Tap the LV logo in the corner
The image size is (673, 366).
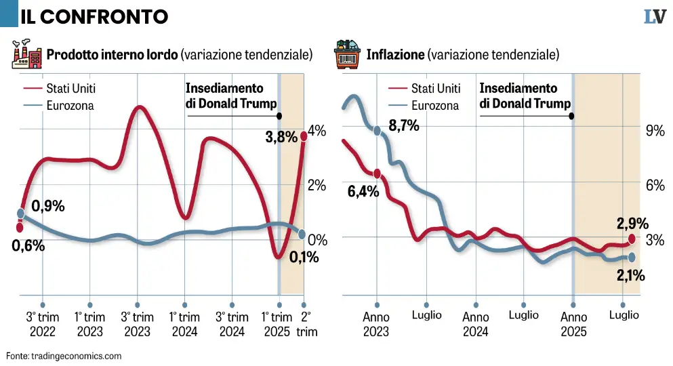click(x=654, y=17)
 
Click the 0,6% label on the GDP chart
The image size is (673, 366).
click(x=28, y=246)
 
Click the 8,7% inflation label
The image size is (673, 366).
click(x=403, y=126)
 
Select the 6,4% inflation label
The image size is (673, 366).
click(x=363, y=191)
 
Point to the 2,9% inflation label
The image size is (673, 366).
click(x=632, y=223)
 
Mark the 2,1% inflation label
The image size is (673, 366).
click(x=630, y=275)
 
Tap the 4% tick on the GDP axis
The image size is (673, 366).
click(x=317, y=130)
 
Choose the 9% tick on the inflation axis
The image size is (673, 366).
click(x=655, y=130)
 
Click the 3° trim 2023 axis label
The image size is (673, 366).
click(x=137, y=323)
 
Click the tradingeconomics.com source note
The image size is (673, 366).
click(x=64, y=355)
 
